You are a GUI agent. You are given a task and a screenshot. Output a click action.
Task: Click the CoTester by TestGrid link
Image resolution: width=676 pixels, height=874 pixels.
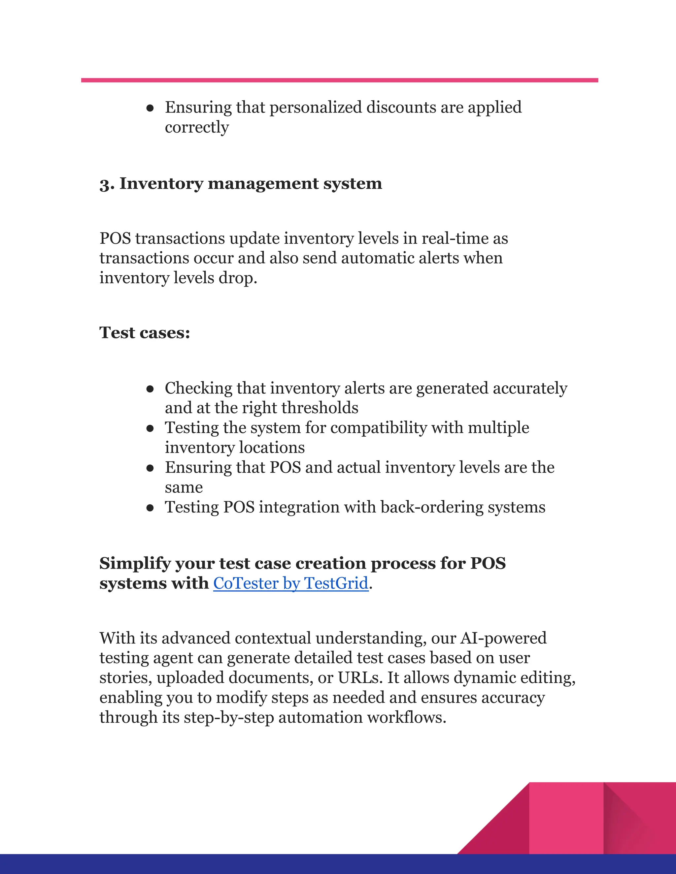[290, 583]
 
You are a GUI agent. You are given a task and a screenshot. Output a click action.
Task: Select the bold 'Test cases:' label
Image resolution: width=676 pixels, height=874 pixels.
[145, 332]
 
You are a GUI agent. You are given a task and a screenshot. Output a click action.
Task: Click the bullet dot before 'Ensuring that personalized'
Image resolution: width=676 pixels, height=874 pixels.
[150, 108]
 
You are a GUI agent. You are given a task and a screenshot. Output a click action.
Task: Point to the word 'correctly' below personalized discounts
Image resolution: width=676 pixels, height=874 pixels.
[197, 127]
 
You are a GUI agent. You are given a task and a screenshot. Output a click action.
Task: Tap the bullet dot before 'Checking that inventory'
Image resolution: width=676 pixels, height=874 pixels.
[150, 389]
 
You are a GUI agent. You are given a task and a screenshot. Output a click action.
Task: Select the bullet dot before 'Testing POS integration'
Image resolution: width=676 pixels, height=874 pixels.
[150, 508]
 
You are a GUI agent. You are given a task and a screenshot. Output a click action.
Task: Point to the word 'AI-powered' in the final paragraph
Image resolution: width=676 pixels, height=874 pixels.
[503, 638]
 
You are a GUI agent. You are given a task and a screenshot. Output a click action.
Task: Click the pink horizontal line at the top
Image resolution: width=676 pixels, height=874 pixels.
[339, 80]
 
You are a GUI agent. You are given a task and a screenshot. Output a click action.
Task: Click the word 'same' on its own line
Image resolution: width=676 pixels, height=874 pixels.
[184, 487]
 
